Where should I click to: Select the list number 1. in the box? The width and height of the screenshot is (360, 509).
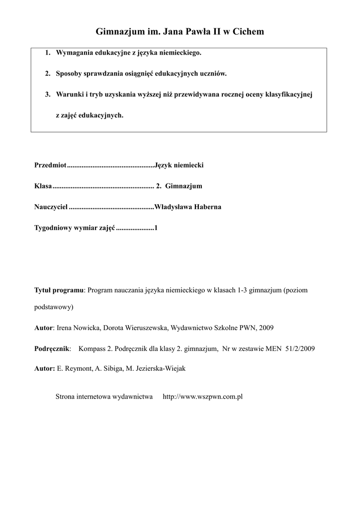(x=48, y=53)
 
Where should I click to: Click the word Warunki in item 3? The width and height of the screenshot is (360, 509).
(x=69, y=94)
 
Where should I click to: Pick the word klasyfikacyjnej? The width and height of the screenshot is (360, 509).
(x=289, y=94)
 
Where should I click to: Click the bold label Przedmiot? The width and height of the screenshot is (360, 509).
(x=50, y=165)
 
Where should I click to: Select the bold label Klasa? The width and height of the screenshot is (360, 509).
(x=43, y=186)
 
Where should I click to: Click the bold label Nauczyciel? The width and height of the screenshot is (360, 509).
(x=51, y=207)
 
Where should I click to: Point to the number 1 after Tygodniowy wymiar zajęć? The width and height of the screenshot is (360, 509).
(x=156, y=228)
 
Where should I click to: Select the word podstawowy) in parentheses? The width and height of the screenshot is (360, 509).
(x=54, y=307)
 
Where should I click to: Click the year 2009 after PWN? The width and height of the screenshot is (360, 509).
(x=266, y=328)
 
